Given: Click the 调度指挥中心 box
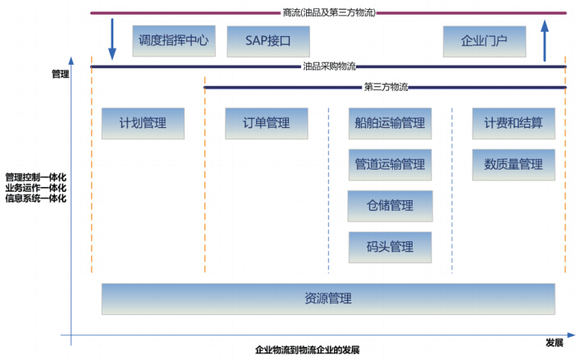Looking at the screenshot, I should coord(174,40).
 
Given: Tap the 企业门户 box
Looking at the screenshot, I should coord(484,40).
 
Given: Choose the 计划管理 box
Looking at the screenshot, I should coord(143,123).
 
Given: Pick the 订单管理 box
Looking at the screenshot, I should coord(267,123).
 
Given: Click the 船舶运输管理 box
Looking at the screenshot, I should coord(390,123).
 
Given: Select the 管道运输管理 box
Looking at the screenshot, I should coord(390,164).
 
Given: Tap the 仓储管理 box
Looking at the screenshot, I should coord(390,205).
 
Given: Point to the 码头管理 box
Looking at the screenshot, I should coord(390,246).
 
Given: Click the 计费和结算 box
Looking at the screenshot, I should coord(514,123).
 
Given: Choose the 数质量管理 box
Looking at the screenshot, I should coord(514,164).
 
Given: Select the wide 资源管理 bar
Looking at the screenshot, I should coord(328,298).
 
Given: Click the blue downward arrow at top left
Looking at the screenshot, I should coord(112,41).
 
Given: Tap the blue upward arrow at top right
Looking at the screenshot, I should coord(545,41).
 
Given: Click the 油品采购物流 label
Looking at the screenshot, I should coord(328,66).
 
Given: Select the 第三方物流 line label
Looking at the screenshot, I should coord(385,86).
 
